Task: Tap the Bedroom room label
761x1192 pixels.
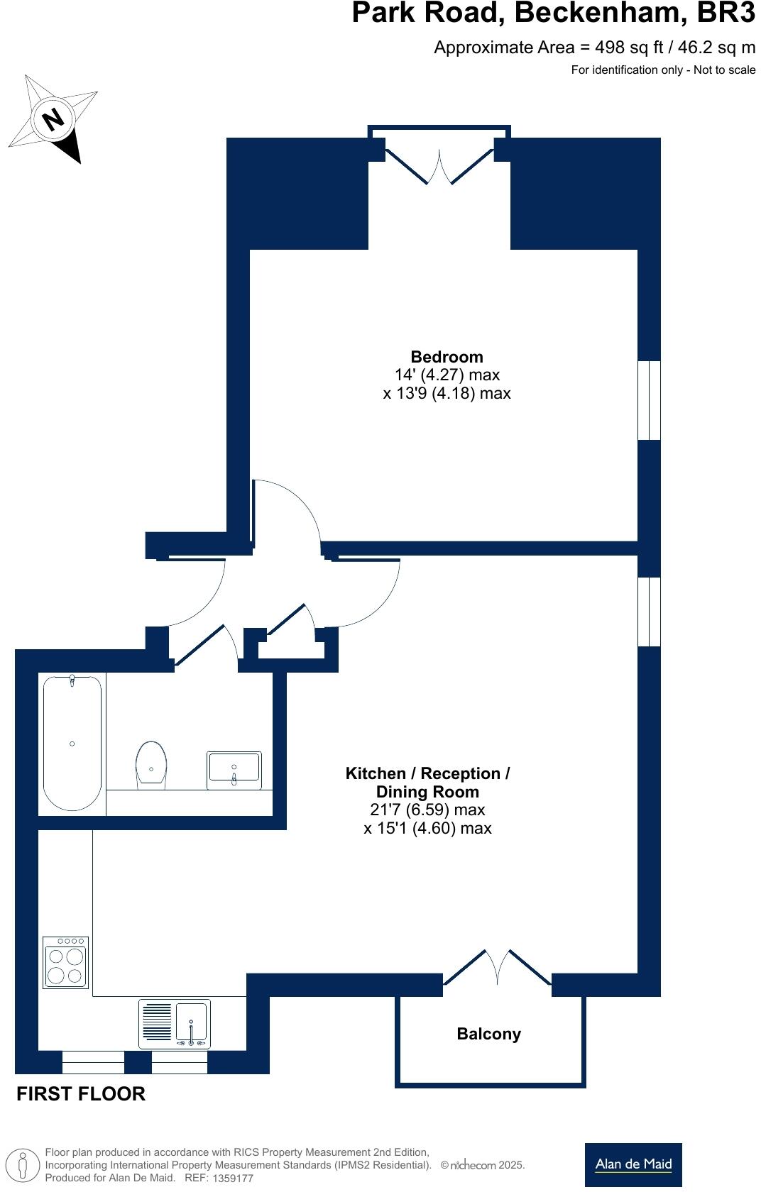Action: click(447, 357)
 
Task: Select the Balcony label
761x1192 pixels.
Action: click(488, 1034)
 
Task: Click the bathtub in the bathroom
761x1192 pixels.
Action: click(72, 743)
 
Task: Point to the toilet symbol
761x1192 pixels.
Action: click(150, 765)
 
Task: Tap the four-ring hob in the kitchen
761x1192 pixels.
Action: click(66, 962)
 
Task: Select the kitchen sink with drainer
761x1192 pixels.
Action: click(175, 1024)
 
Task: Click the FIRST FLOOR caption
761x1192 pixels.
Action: click(81, 1093)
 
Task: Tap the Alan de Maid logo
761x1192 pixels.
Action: click(633, 1164)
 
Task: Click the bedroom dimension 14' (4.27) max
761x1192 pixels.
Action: click(447, 375)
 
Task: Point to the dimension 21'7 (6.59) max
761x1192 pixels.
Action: click(427, 810)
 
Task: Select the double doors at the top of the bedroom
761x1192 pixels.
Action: click(439, 165)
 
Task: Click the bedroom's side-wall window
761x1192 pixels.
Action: click(649, 401)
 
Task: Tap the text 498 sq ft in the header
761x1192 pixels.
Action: click(628, 48)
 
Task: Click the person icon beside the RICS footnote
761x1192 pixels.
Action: click(23, 1164)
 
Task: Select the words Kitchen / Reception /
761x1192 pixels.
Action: click(427, 773)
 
